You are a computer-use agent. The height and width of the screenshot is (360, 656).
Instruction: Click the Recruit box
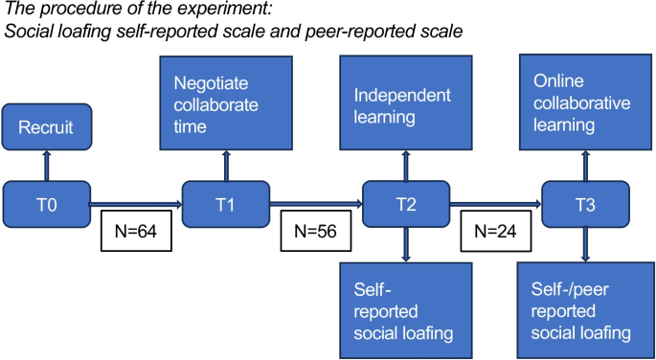(x=47, y=127)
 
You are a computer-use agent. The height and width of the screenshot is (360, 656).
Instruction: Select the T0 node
(x=47, y=202)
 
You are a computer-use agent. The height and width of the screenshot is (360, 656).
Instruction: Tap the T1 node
(x=226, y=202)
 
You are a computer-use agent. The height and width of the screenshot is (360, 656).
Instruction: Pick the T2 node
(x=406, y=202)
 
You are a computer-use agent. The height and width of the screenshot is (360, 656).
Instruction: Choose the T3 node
(x=586, y=202)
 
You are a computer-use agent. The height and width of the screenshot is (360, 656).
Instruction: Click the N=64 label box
(x=136, y=231)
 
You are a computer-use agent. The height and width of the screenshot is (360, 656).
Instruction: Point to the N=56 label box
(x=316, y=231)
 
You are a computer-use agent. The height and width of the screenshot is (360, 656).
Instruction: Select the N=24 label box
(x=495, y=231)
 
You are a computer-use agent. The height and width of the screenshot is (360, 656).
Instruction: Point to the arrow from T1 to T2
(x=316, y=203)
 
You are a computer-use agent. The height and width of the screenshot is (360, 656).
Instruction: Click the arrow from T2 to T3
(x=495, y=203)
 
